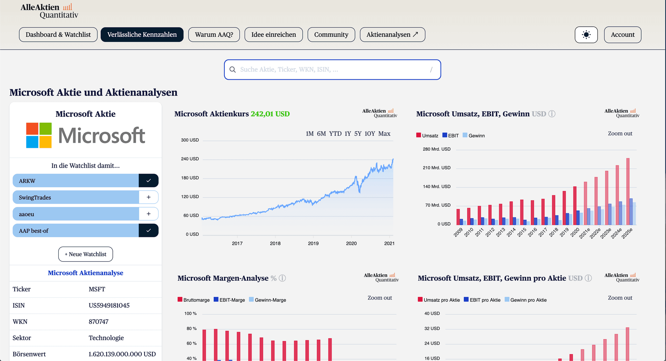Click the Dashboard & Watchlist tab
pos(58,35)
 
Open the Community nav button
pos(331,35)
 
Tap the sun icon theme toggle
pos(586,35)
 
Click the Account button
pos(623,35)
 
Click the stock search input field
pos(332,70)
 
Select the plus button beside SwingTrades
pos(148,197)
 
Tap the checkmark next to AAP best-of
pos(148,230)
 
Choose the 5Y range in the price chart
pos(358,134)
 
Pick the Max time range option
pos(384,134)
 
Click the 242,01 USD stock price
pos(270,114)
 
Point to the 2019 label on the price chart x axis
pos(313,244)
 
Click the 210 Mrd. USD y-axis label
pos(436,168)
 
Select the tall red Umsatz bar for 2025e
pos(628,192)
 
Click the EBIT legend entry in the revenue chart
pos(451,135)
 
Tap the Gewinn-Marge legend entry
pos(267,300)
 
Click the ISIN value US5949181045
pos(109,306)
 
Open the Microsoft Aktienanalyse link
pos(85,273)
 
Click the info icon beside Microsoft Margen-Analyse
pos(282,278)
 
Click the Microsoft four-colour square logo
pos(39,135)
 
